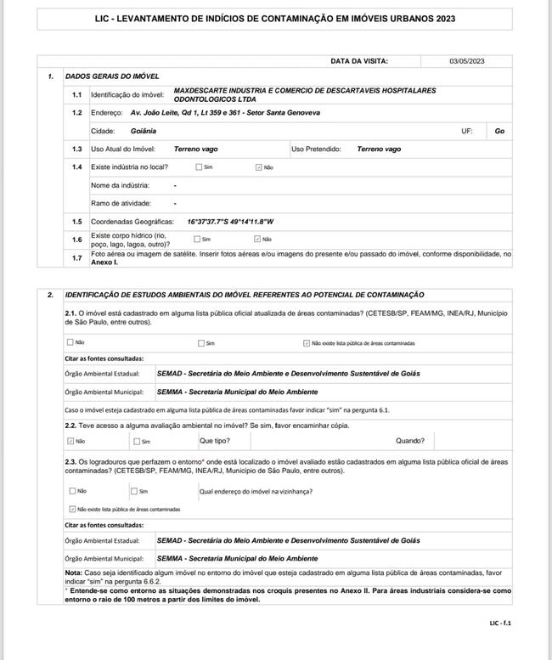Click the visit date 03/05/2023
466,61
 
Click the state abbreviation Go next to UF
499,132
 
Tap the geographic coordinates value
231,221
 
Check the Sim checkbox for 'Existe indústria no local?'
199,167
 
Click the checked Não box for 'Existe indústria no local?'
259,167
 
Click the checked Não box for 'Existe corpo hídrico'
258,239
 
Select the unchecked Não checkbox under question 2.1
70,343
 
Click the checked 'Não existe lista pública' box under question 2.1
307,343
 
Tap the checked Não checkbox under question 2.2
70,441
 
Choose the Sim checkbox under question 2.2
136,441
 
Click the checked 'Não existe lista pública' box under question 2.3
72,509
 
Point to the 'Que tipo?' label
214,441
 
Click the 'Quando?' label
410,441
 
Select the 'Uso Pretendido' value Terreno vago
379,149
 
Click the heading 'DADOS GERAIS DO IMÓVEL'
112,76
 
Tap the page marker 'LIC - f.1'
500,623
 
